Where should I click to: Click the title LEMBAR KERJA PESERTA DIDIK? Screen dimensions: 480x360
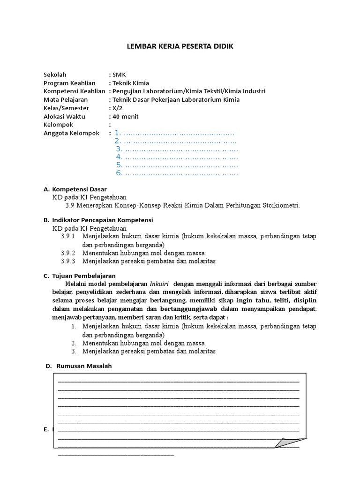point(180,46)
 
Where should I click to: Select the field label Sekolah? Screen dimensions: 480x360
point(55,75)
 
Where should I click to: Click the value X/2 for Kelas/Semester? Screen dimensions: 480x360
point(117,108)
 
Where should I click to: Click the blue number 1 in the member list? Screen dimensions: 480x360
point(117,133)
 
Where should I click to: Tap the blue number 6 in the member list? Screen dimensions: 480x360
point(119,173)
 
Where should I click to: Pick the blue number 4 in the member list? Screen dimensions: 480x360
point(119,157)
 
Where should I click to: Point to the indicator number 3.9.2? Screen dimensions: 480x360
point(68,253)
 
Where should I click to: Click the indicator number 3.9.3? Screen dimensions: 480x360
point(68,261)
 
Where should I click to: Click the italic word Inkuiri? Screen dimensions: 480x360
point(160,284)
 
